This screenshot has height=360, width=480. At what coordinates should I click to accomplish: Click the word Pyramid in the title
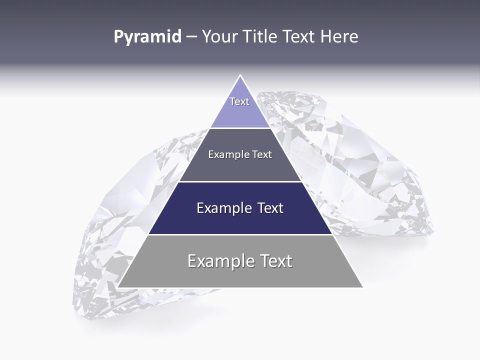tap(147, 37)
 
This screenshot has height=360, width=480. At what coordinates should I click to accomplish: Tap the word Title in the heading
tap(262, 37)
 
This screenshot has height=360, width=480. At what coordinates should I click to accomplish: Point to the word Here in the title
tap(339, 37)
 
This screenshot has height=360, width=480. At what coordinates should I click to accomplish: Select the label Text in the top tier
tap(239, 101)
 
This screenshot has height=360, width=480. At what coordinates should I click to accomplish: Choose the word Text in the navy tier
tap(270, 208)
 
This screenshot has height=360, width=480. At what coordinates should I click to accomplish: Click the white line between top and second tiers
tap(240, 128)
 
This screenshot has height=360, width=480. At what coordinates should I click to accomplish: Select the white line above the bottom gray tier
tap(240, 234)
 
